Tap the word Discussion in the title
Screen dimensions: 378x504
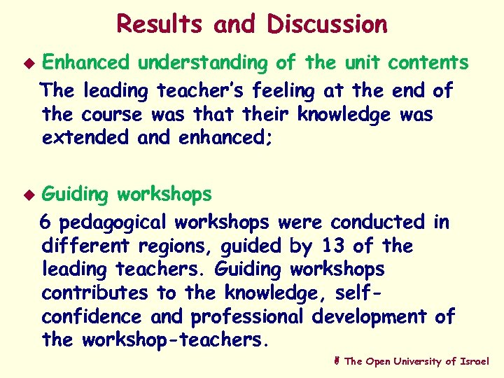327,24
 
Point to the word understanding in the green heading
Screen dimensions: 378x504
202,63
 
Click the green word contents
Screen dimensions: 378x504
429,62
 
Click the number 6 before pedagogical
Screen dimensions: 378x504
46,222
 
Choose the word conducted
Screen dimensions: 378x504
377,222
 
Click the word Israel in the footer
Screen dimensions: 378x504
475,361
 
